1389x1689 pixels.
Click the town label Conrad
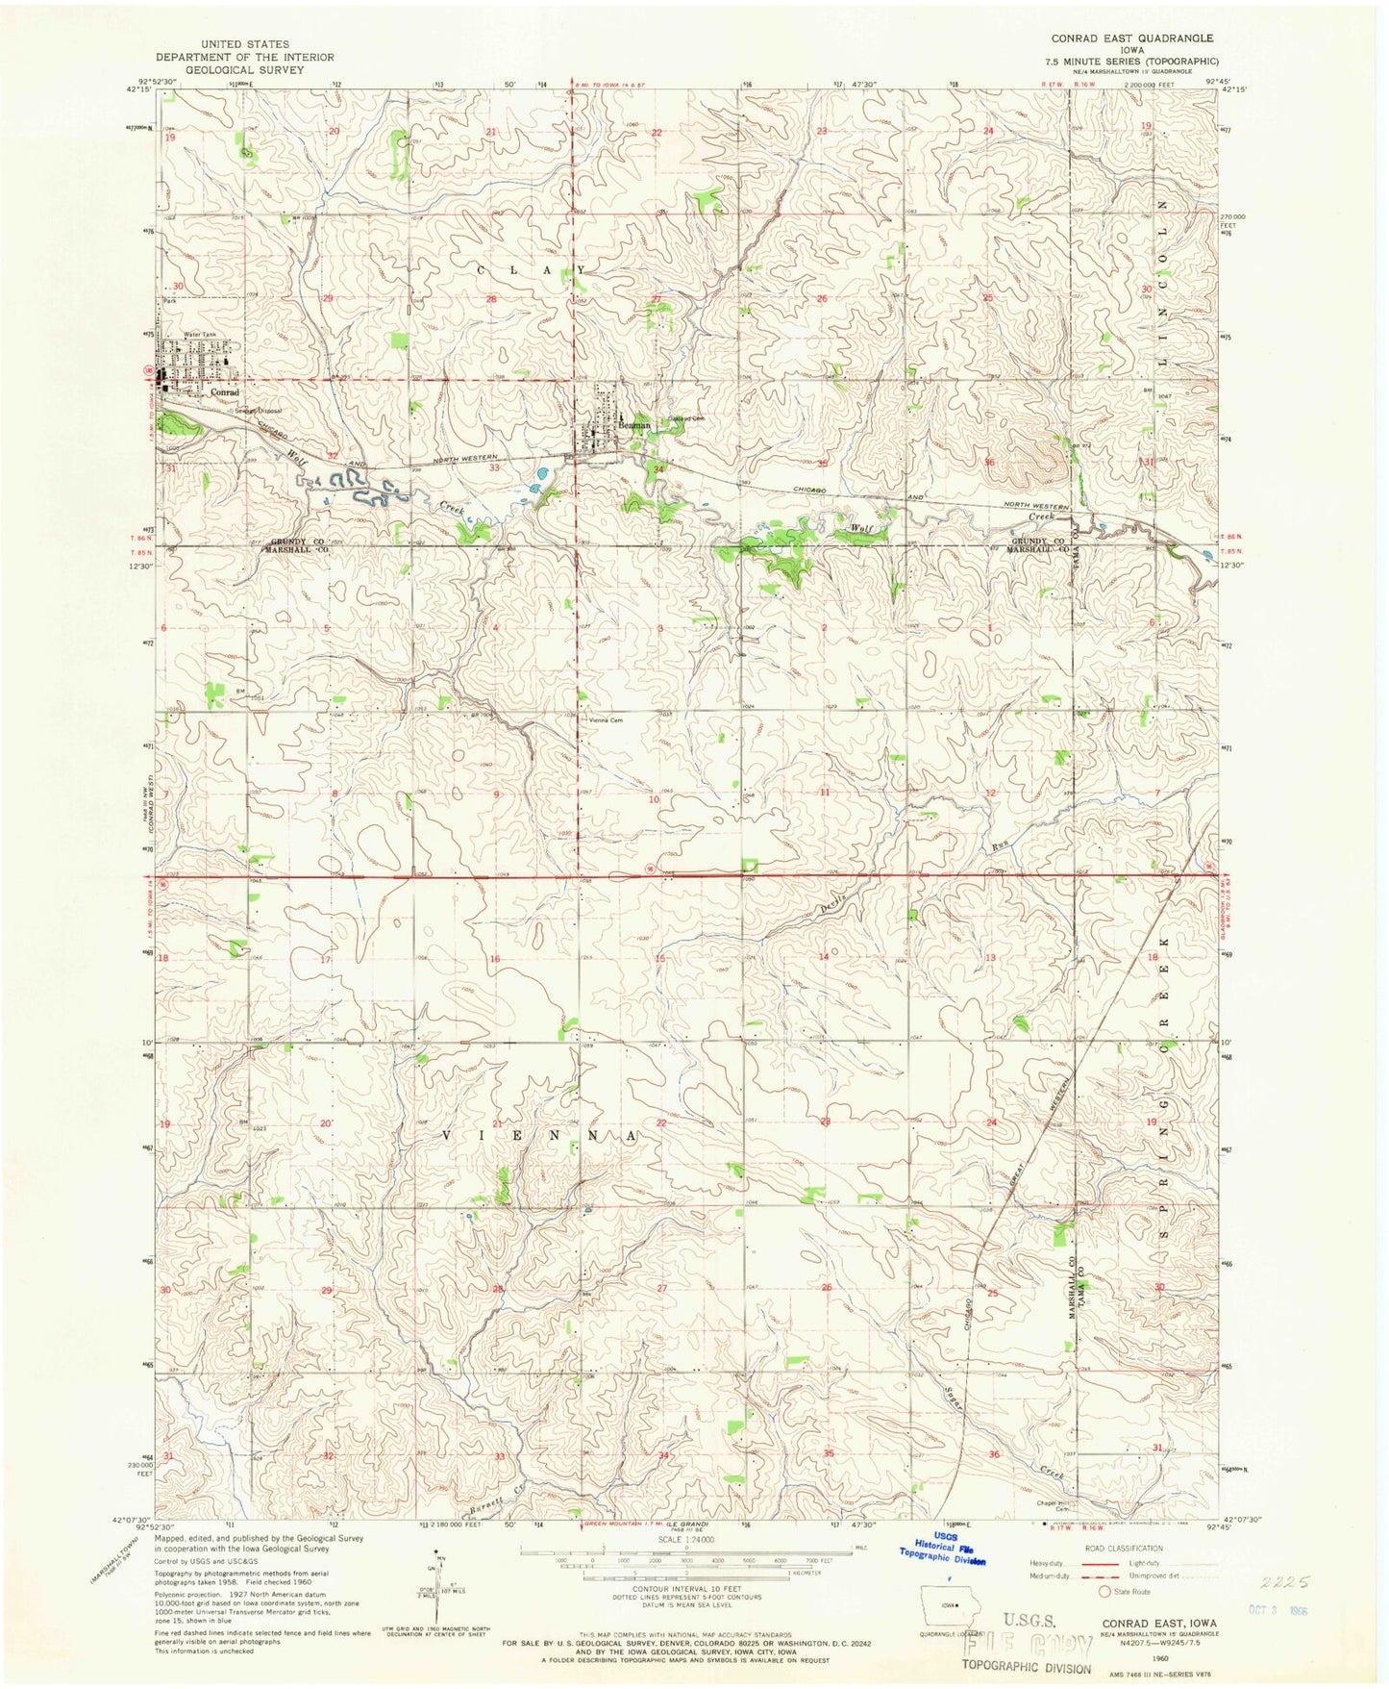click(224, 392)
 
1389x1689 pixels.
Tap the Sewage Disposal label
click(255, 410)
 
